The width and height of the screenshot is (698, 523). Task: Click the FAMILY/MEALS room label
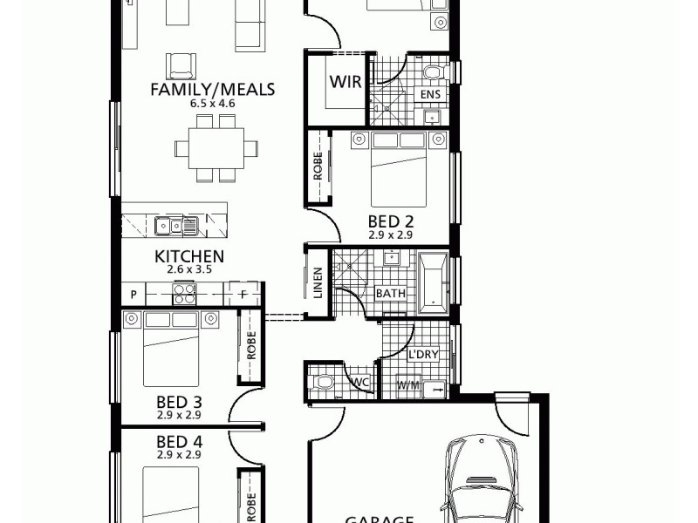[213, 89]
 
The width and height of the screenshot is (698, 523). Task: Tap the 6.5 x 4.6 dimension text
[213, 104]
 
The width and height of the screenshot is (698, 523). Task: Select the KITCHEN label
[189, 256]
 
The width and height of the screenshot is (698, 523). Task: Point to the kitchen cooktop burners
[185, 295]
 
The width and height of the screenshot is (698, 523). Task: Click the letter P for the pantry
[133, 295]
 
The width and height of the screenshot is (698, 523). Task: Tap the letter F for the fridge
[243, 295]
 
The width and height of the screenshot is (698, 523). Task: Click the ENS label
[430, 93]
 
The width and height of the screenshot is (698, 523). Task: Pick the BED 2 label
[390, 221]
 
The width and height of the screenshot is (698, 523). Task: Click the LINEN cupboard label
[317, 282]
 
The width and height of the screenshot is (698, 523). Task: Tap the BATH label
[390, 294]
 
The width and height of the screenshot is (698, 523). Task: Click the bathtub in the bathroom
[433, 283]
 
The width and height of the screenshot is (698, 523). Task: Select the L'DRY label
[422, 355]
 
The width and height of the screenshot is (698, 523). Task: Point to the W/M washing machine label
[407, 384]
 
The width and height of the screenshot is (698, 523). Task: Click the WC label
[359, 381]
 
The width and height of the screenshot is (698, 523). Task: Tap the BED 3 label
[179, 402]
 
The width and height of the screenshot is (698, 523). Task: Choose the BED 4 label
[179, 441]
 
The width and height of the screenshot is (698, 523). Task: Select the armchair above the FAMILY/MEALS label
[181, 65]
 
